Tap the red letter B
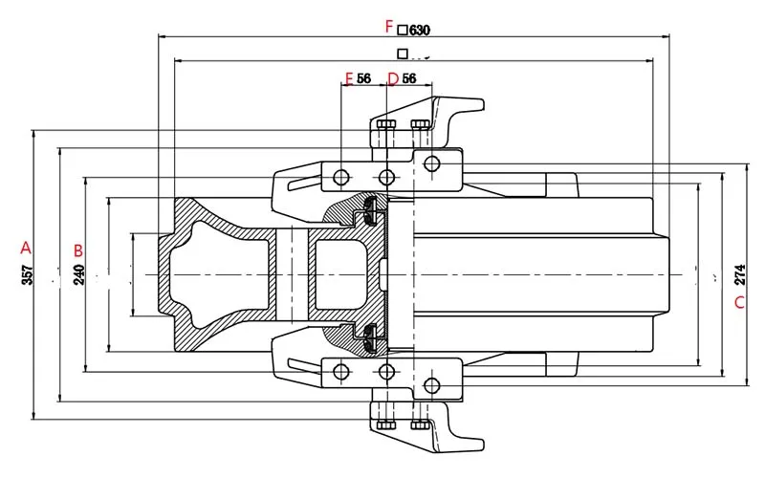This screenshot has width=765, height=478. pyautogui.click(x=79, y=250)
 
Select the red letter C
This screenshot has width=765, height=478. pyautogui.click(x=738, y=304)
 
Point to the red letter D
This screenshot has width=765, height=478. pyautogui.click(x=392, y=77)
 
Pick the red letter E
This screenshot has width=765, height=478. pyautogui.click(x=349, y=77)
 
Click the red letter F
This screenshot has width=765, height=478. pyautogui.click(x=387, y=26)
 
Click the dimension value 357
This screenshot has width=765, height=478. pyautogui.click(x=27, y=275)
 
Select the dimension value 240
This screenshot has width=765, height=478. pyautogui.click(x=79, y=274)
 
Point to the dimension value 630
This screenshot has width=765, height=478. pyautogui.click(x=420, y=30)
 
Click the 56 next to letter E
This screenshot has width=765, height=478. pyautogui.click(x=364, y=78)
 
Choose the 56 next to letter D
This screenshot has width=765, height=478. pyautogui.click(x=408, y=78)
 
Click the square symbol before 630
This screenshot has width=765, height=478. pyautogui.click(x=403, y=30)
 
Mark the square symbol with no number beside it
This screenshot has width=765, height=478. pyautogui.click(x=403, y=54)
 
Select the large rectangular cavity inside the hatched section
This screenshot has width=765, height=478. pyautogui.click(x=339, y=275)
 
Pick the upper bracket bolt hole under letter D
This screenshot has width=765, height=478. pyautogui.click(x=386, y=177)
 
